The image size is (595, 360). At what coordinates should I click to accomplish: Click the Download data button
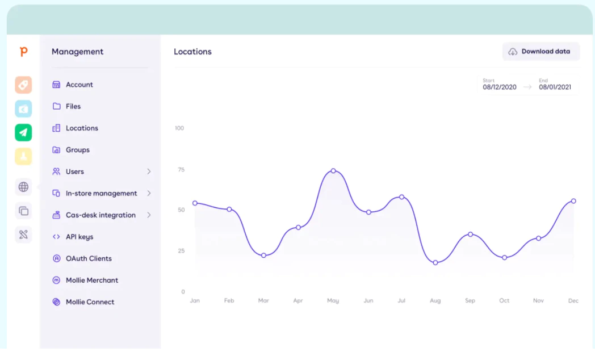coord(540,52)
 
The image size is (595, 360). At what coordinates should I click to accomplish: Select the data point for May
coord(333,171)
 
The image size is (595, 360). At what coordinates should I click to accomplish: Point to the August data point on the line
coord(435,262)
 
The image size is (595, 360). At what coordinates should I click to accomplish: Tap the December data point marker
coord(573,201)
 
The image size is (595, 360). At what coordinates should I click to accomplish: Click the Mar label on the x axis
coord(263,300)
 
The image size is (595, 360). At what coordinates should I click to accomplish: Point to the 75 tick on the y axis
coord(181,170)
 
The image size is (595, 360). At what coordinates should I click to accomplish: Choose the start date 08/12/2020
coord(500,87)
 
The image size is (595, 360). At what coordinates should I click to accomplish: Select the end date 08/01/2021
coord(555,87)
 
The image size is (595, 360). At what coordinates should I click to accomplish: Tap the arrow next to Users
coord(149,171)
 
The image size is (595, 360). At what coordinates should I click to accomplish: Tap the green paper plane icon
coord(23,133)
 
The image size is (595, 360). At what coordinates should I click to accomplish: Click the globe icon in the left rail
coord(23,187)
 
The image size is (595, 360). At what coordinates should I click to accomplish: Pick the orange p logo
coord(23,52)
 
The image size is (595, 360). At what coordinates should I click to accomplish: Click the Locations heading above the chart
coord(193,52)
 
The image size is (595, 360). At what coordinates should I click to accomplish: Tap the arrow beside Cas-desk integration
coord(149,215)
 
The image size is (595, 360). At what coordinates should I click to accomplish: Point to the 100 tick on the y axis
coord(179,128)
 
